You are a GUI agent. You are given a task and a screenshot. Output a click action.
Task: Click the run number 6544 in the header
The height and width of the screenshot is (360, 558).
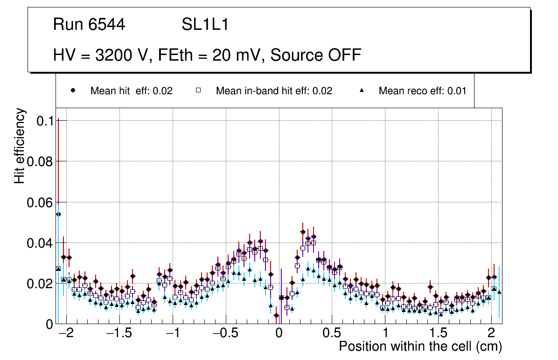pos(107,25)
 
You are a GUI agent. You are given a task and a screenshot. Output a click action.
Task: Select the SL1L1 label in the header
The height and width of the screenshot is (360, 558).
pos(205,25)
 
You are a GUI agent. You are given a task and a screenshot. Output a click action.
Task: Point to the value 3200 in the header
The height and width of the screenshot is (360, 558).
pos(114,55)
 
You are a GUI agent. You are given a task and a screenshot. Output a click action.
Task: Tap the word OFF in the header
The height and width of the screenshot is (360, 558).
pos(343,55)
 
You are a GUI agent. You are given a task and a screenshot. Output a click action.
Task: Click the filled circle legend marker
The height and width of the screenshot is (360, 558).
pos(73,90)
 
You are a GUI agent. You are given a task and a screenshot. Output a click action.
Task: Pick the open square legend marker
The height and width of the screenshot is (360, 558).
pos(198,90)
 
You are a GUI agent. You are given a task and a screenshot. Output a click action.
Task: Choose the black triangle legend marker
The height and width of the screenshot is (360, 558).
pos(362,90)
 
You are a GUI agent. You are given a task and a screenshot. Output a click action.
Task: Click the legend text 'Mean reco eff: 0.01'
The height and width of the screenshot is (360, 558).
pos(422,91)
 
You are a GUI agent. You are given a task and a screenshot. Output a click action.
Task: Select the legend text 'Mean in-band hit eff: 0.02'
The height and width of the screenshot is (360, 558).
pos(274,91)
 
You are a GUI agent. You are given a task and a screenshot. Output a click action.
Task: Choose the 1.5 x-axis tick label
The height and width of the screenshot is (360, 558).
pos(438,334)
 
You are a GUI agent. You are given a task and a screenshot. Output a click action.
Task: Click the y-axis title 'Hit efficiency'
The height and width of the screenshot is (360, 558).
pos(20,145)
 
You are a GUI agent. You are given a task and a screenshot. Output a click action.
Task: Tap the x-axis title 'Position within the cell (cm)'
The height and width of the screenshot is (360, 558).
pos(420,347)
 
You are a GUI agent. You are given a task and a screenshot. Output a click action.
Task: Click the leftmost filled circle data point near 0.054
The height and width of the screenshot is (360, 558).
pos(58,214)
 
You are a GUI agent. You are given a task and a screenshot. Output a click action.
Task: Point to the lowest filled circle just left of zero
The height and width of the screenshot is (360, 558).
pos(276,315)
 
